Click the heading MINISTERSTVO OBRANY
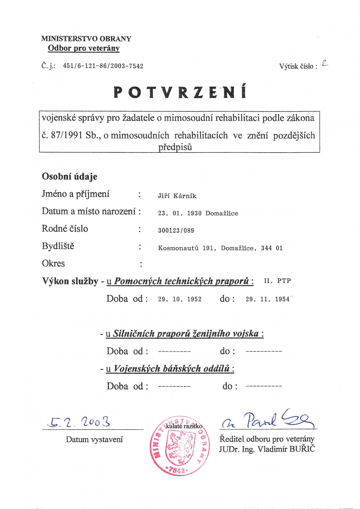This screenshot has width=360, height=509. click(86, 39)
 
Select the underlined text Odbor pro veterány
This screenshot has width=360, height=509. click(83, 49)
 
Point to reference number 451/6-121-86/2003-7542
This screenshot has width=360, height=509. click(103, 66)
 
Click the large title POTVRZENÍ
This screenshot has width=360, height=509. click(180, 92)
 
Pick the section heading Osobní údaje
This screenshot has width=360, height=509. click(69, 177)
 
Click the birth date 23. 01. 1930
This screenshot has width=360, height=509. click(180, 214)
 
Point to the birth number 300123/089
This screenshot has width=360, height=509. click(176, 231)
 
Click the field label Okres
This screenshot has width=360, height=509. click(53, 263)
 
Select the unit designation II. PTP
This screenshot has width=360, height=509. click(277, 281)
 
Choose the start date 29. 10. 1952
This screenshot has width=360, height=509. click(180, 299)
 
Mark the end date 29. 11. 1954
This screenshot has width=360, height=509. click(268, 299)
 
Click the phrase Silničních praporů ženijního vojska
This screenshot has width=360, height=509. click(185, 334)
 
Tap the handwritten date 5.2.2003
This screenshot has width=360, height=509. click(78, 421)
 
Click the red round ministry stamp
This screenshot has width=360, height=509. click(180, 444)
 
